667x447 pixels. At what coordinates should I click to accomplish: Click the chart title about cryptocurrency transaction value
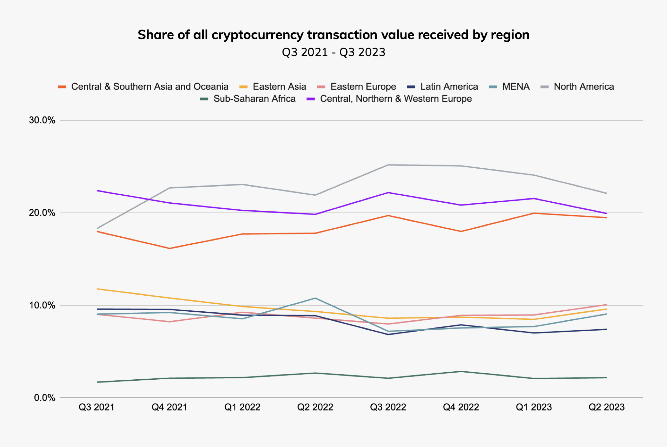point(333,35)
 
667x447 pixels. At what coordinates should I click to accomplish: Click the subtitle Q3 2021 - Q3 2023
point(333,52)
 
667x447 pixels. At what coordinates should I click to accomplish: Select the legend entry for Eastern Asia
point(273,87)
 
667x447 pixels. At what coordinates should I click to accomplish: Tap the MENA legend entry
point(509,87)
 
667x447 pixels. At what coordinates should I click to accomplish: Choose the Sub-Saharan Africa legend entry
point(247,99)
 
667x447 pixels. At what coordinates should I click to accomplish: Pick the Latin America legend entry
point(442,87)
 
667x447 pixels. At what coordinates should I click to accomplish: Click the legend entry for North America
point(577,87)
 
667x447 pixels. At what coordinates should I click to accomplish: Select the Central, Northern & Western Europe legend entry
point(389,99)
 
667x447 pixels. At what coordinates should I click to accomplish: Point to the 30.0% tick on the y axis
point(42,121)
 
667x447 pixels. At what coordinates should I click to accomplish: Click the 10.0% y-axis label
point(42,305)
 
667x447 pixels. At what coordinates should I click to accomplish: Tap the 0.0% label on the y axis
point(45,398)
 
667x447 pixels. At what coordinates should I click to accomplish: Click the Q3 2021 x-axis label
point(97,407)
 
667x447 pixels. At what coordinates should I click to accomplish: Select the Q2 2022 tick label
point(315,407)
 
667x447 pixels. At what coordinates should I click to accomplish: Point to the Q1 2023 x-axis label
point(534,407)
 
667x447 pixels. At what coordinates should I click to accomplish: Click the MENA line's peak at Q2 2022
point(315,298)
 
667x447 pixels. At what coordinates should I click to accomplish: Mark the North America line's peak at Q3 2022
point(388,165)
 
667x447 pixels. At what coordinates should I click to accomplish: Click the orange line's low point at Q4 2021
point(169,249)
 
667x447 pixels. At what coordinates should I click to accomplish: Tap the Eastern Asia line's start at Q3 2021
point(97,289)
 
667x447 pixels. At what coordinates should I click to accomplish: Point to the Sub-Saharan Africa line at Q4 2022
point(461,372)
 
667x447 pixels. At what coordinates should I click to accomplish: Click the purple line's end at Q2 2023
point(606,213)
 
